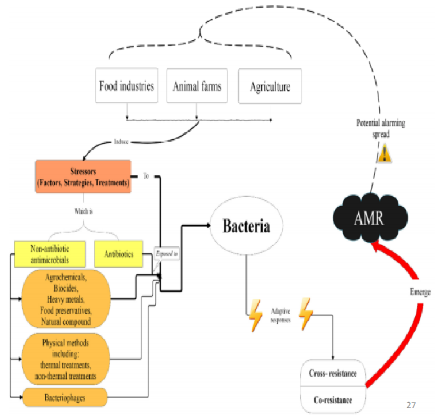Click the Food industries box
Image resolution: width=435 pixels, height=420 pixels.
(126, 86)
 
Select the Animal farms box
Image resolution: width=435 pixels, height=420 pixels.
(197, 86)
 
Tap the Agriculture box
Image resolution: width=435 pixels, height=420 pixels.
(270, 86)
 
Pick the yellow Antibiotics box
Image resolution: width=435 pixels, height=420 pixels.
(119, 254)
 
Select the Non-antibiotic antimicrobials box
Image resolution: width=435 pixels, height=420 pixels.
(50, 254)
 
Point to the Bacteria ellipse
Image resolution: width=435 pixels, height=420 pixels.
(246, 227)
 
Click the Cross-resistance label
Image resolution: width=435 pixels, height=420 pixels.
(333, 373)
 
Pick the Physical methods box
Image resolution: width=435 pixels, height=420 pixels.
(65, 359)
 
